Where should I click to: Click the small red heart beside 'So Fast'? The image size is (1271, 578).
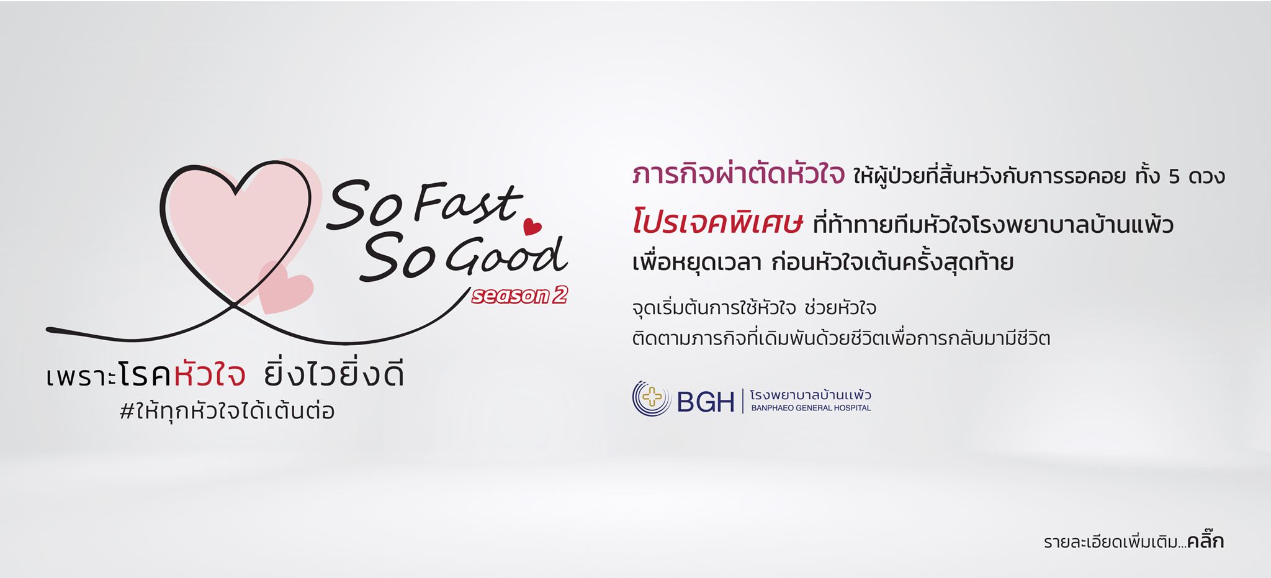coord(532,227)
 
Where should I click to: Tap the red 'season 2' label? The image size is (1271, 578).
coord(519,296)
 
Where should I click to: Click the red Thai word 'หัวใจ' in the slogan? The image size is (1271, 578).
coord(210,374)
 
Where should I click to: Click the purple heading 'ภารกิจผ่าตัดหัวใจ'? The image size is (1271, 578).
coord(739,174)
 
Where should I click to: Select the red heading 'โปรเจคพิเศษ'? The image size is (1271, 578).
coord(717,222)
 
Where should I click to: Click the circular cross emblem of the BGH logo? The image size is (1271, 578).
coord(652,398)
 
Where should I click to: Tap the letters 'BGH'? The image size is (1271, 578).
coord(706,402)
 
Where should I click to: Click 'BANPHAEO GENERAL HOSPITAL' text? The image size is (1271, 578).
coord(811,408)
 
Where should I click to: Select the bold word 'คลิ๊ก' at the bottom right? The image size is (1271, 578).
coord(1205,541)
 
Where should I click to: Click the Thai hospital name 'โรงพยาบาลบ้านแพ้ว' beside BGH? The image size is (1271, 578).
coord(811,395)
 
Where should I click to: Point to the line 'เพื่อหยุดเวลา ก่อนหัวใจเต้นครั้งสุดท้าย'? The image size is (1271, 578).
coord(823,262)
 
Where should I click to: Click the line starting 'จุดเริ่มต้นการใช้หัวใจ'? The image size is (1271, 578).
coord(754,308)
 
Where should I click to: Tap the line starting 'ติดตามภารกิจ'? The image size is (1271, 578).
coord(841,338)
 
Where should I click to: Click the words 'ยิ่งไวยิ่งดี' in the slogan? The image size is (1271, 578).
coord(334,374)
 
